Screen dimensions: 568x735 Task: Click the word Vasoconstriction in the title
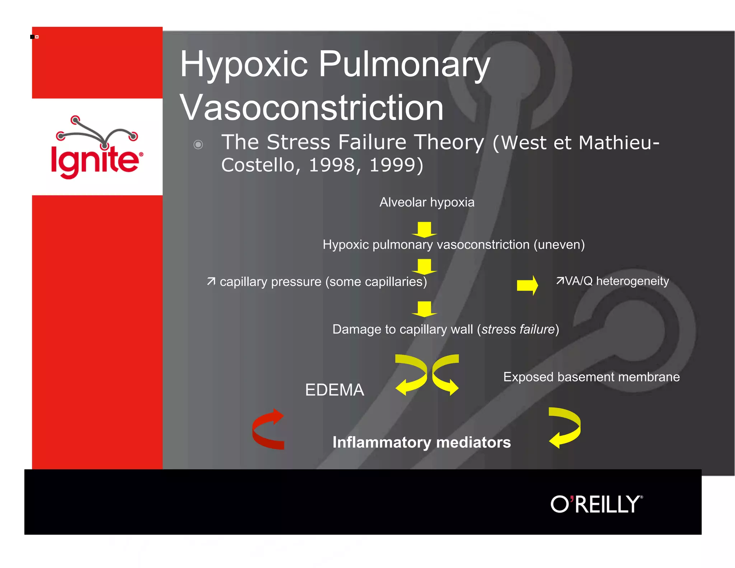tap(312, 108)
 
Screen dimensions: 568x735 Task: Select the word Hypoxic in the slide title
tap(244, 65)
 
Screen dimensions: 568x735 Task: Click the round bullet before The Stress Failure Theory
tap(198, 144)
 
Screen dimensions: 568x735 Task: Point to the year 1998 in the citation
tap(332, 165)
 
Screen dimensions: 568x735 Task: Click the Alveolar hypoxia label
tap(427, 202)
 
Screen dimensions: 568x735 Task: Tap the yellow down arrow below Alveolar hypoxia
tap(424, 229)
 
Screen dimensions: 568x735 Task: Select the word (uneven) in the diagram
tap(559, 245)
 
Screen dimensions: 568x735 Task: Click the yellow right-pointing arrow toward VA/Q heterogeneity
tap(527, 285)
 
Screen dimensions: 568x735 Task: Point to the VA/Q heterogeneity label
tap(612, 281)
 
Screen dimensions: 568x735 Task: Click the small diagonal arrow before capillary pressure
tap(211, 281)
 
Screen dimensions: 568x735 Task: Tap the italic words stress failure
tap(518, 329)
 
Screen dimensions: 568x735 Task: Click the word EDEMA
tap(334, 390)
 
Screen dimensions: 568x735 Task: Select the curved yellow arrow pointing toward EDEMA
tap(412, 375)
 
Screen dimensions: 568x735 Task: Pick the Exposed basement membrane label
tap(591, 377)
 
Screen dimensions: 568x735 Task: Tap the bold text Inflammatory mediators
tap(421, 442)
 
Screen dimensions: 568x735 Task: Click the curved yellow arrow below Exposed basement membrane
tap(565, 427)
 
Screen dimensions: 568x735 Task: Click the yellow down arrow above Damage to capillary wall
tap(424, 309)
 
